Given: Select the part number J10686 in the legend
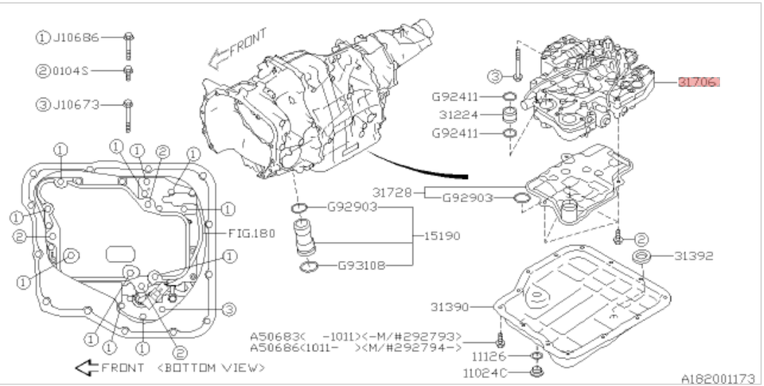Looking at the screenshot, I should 77,37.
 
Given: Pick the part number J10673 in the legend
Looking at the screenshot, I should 77,104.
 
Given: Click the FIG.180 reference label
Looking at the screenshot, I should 251,234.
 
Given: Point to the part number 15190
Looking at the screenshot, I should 441,236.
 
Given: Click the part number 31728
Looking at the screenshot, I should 392,192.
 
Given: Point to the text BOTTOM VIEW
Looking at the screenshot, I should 211,368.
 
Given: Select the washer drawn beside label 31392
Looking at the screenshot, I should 642,257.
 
